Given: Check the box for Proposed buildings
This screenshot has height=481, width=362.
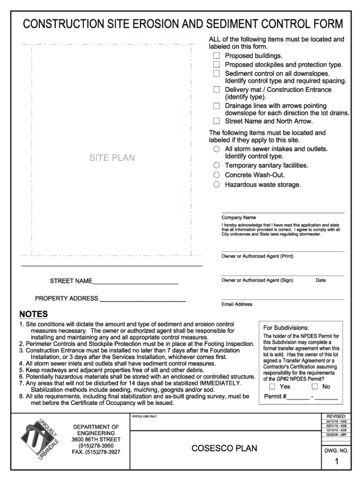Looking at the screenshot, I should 217,56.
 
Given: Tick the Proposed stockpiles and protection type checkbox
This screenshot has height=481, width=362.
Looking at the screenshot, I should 217,65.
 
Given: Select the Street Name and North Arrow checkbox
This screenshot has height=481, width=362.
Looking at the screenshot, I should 217,121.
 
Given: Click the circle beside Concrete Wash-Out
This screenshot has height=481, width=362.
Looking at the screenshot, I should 216,175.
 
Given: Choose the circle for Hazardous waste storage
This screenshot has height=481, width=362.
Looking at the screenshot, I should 216,185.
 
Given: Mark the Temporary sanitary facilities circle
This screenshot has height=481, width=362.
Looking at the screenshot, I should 216,165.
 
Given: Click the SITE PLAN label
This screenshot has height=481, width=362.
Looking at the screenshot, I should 112,158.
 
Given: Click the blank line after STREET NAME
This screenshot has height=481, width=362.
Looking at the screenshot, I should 135,281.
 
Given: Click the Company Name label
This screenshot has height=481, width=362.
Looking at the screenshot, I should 239,217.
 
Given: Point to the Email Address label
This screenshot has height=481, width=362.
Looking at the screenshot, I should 237,304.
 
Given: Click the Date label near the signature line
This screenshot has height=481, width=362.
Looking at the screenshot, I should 321,280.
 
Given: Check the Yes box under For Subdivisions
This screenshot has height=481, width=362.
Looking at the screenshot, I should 272,387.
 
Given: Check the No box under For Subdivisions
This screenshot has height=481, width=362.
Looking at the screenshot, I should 315,387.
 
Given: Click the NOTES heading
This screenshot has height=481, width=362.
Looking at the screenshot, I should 33,314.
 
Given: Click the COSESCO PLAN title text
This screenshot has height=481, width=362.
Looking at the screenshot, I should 225,448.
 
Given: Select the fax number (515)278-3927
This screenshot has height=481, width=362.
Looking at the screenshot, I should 96,452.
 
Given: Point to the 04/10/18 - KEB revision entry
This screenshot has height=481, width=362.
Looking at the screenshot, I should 336,421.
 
